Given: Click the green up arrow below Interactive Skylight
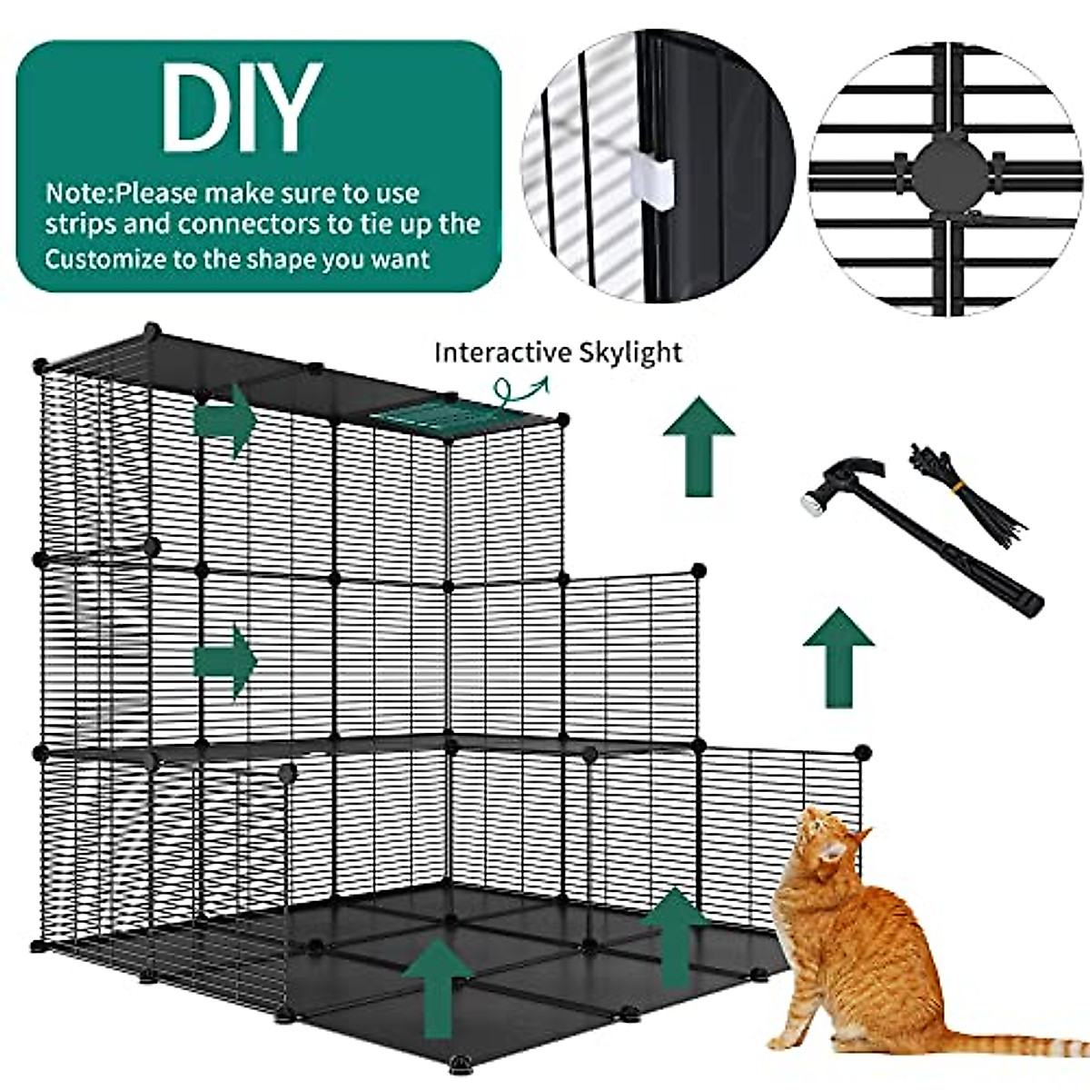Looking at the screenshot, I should coord(698,446).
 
